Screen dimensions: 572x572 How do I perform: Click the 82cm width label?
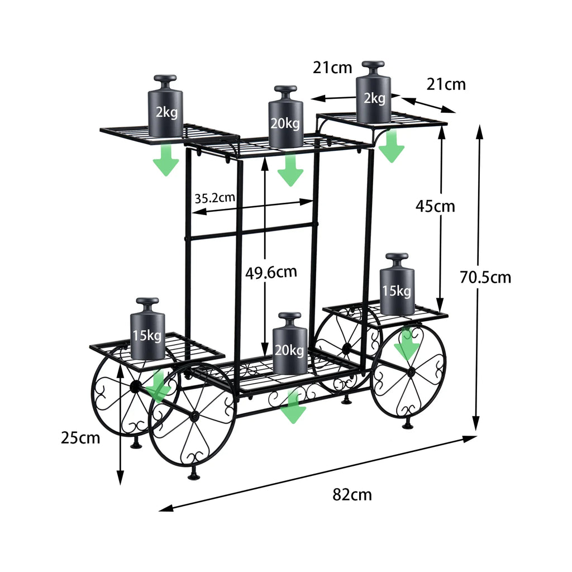tap(352, 494)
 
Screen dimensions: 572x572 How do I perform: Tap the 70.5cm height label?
tap(485, 277)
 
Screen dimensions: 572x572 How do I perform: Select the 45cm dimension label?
tap(435, 206)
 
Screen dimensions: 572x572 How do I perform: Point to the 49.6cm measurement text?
tap(271, 273)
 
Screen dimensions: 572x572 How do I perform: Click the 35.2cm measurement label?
tap(215, 198)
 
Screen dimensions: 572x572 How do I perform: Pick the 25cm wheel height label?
tap(80, 437)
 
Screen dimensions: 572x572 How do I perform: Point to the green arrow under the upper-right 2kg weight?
tap(392, 146)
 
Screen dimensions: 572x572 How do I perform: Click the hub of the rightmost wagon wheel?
tap(410, 372)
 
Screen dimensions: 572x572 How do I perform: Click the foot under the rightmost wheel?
tap(408, 425)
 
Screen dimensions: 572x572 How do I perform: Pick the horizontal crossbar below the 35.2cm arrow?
tap(251, 231)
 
